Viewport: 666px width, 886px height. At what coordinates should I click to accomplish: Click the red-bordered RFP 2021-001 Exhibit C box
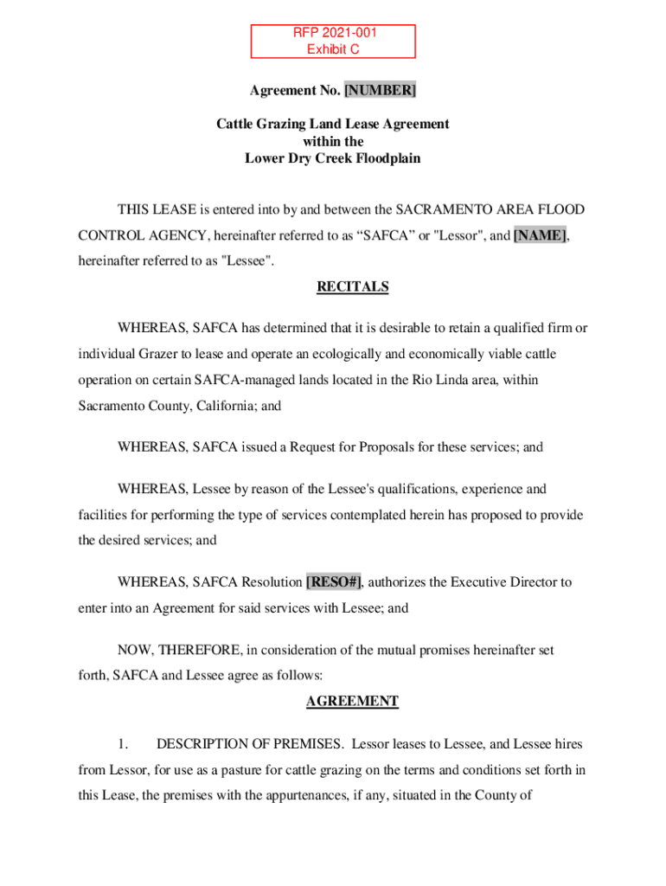[333, 42]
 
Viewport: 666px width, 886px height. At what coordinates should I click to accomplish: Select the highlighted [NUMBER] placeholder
[380, 90]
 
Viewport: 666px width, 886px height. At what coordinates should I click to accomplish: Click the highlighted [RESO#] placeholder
[334, 582]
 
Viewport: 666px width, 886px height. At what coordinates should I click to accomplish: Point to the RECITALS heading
[352, 286]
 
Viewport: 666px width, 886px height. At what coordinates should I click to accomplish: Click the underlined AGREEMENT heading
[352, 702]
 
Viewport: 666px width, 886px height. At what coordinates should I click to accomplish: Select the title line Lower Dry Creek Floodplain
[333, 158]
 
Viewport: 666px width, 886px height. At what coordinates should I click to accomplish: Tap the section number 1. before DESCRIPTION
[124, 744]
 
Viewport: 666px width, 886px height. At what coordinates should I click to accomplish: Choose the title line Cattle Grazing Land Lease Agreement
[333, 124]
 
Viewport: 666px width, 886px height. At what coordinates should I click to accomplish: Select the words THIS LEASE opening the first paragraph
[157, 209]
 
